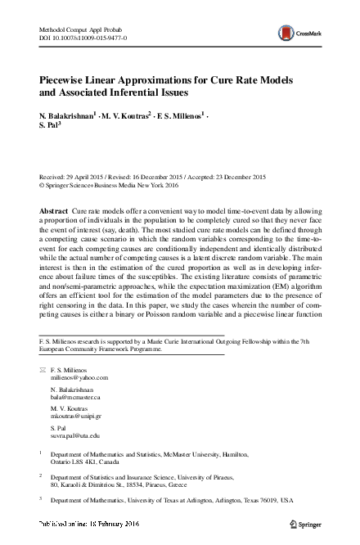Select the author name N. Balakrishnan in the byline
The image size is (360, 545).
(x=67, y=115)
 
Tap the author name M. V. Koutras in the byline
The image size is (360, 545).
(x=133, y=115)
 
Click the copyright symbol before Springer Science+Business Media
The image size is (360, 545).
(x=43, y=186)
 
